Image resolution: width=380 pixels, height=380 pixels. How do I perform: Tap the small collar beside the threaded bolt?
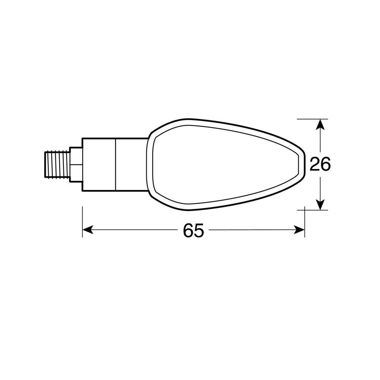point(76,164)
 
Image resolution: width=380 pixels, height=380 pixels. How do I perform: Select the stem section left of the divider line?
point(99,164)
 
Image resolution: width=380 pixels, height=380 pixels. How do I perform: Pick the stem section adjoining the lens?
point(131,164)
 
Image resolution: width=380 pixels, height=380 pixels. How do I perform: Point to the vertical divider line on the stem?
point(116,164)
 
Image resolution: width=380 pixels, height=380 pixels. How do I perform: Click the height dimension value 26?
point(320,164)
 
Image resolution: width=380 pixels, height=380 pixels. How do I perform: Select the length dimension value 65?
point(193,231)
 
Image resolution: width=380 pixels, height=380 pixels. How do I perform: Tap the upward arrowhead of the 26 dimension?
point(321,124)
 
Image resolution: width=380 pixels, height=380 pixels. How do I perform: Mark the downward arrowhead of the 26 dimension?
point(321,205)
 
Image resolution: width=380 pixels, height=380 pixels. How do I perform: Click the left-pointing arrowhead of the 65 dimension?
point(87,230)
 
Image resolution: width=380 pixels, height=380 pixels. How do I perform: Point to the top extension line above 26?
point(312,119)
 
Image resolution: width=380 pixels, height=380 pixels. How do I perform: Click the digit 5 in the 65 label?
point(199,231)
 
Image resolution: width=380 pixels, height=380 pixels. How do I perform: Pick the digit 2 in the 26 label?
point(315,164)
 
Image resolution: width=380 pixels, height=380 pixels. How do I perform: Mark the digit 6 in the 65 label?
point(188,231)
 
